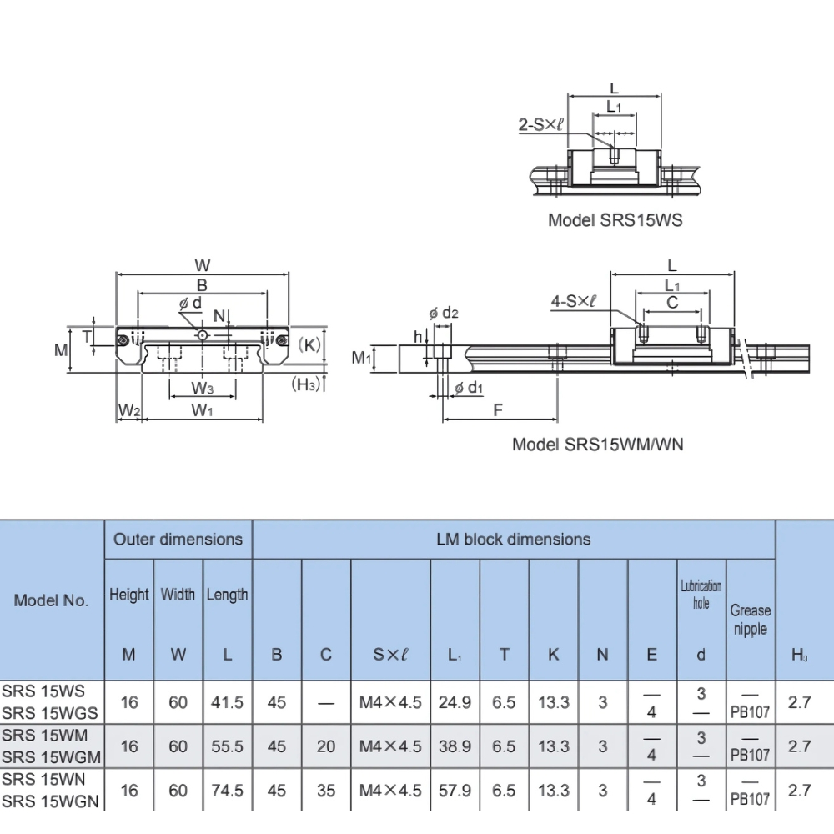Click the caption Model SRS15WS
pyautogui.click(x=615, y=220)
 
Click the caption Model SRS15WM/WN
pyautogui.click(x=597, y=444)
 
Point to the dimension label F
pyautogui.click(x=498, y=409)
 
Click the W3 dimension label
pyautogui.click(x=203, y=388)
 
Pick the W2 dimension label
pyautogui.click(x=128, y=409)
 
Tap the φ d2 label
pyautogui.click(x=444, y=313)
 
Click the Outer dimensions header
pyautogui.click(x=178, y=539)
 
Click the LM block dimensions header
pyautogui.click(x=513, y=539)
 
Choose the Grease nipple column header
pyautogui.click(x=751, y=620)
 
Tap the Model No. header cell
pyautogui.click(x=51, y=600)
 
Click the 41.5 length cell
pyautogui.click(x=227, y=702)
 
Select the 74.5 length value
pyautogui.click(x=227, y=790)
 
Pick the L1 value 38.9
pyautogui.click(x=455, y=746)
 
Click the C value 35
pyautogui.click(x=326, y=790)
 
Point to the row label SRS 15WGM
pyautogui.click(x=52, y=757)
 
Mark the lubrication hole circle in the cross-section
pyautogui.click(x=202, y=335)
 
